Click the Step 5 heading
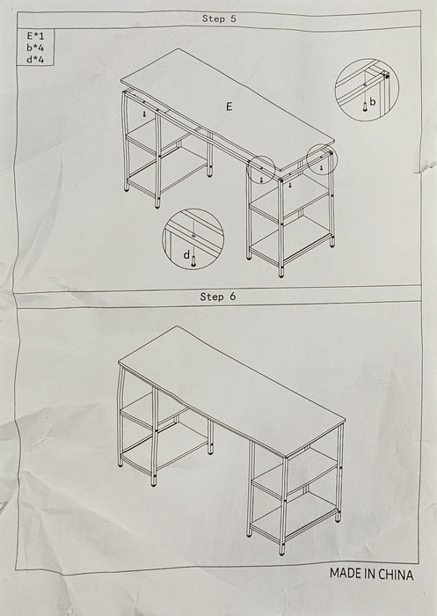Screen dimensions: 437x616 (x=219, y=18)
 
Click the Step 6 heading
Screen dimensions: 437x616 (x=218, y=297)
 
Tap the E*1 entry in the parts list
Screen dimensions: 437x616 (x=35, y=36)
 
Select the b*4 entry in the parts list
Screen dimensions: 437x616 (x=35, y=48)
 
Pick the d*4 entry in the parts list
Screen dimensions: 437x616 (x=35, y=60)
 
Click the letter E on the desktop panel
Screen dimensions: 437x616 (x=229, y=106)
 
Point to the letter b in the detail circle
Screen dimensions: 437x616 (x=372, y=102)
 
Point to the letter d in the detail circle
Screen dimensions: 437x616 (x=186, y=255)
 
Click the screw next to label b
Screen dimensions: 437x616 (x=365, y=106)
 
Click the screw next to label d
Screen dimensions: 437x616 (x=193, y=260)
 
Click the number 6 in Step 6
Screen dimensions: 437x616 (x=233, y=297)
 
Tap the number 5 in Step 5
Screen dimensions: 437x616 (x=233, y=18)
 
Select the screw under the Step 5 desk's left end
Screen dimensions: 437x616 (x=144, y=114)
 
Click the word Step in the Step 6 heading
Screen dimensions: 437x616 (x=213, y=297)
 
